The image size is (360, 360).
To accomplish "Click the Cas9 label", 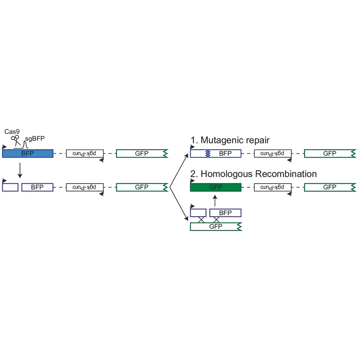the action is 12,131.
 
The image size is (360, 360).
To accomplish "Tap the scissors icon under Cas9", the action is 15,141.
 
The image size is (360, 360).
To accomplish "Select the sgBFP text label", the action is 35,139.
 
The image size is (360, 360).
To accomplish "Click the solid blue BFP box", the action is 27,153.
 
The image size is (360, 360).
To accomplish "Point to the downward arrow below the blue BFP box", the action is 20,170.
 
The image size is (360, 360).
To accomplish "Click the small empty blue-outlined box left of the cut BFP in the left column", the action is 10,187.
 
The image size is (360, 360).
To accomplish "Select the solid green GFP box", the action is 216,187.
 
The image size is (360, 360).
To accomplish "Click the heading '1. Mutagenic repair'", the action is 230,140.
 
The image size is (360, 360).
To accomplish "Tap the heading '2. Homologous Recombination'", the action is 253,174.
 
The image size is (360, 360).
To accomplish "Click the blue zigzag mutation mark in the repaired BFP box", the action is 208,153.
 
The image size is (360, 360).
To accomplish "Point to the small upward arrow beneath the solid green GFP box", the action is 215,200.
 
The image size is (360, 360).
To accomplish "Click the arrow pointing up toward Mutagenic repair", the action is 179,171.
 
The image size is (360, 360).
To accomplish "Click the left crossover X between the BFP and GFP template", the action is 201,220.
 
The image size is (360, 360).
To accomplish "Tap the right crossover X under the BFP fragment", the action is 216,220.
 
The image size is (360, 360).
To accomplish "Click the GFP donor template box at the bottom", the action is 216,227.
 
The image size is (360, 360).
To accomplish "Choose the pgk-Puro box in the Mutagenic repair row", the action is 272,153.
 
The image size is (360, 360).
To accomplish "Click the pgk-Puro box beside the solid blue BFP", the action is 85,153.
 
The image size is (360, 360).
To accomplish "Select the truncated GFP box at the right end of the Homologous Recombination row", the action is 330,187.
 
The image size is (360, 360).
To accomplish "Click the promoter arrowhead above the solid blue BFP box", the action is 4,147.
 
